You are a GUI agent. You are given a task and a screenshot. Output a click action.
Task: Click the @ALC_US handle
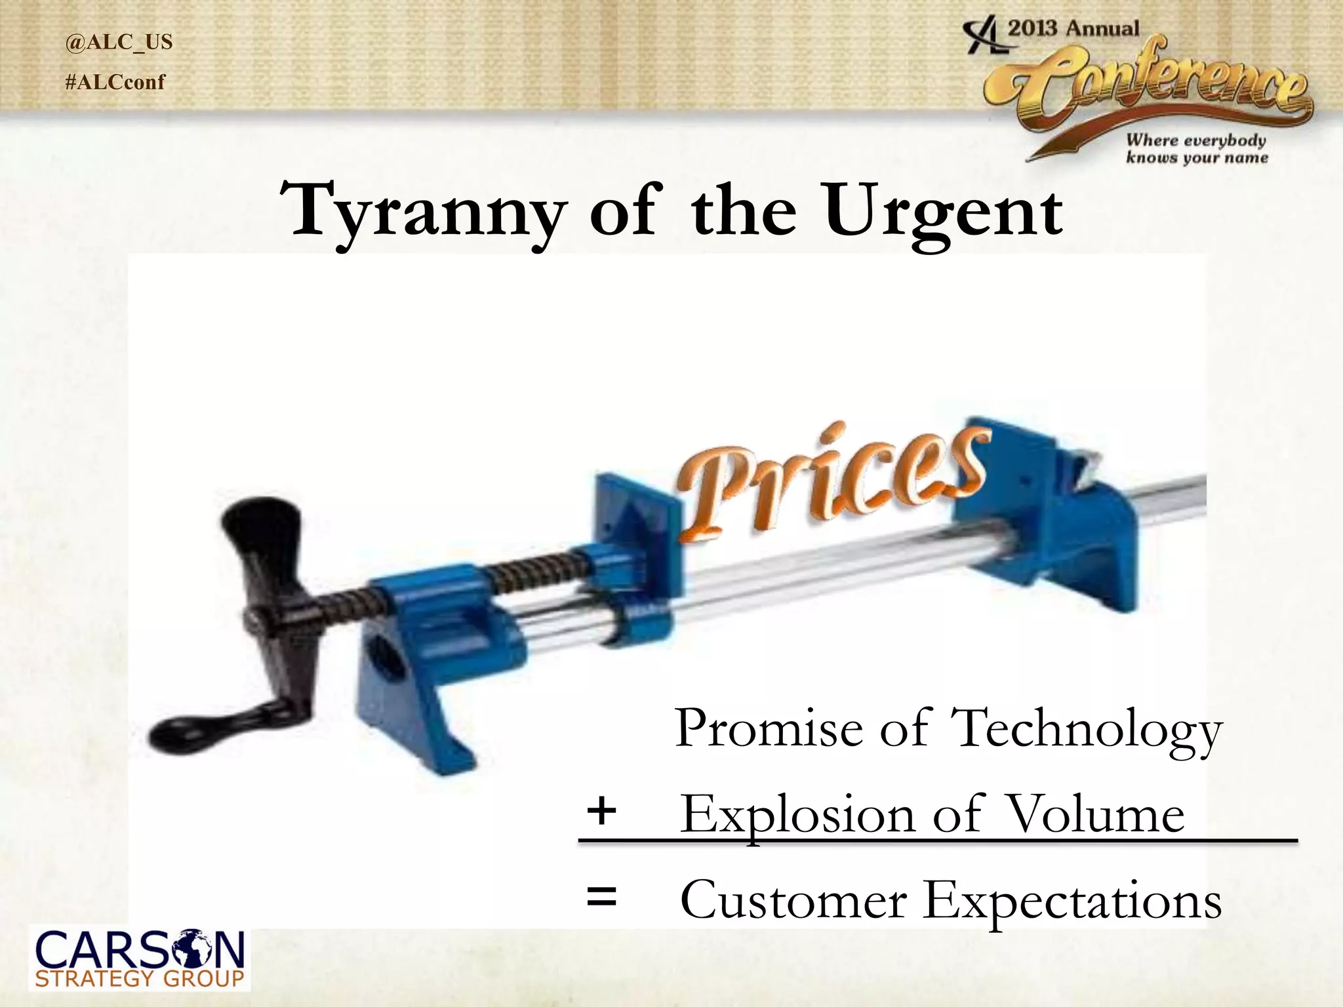click(119, 42)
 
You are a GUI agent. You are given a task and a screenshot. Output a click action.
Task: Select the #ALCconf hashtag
click(115, 83)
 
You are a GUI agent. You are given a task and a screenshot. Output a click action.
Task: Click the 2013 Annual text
click(1073, 29)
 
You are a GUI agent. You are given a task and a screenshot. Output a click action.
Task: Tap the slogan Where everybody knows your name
click(1196, 149)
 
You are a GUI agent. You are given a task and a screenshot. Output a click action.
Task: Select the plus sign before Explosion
click(601, 811)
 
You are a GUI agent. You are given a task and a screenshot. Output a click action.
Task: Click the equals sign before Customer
click(601, 898)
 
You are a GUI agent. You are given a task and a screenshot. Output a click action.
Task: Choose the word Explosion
click(797, 815)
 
